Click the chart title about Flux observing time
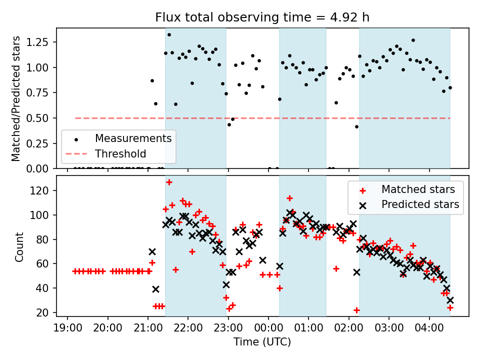(x=262, y=18)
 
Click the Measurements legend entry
(x=133, y=138)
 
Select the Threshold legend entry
(x=120, y=153)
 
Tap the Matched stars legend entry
(x=418, y=189)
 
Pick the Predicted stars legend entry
(x=420, y=204)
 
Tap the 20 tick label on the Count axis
(x=43, y=312)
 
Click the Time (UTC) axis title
(x=262, y=342)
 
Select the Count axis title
(x=19, y=246)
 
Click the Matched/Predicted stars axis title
(x=16, y=98)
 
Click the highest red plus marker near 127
(x=169, y=182)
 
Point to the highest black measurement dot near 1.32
(x=169, y=34)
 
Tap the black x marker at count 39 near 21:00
(x=155, y=289)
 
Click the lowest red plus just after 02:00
(x=356, y=310)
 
